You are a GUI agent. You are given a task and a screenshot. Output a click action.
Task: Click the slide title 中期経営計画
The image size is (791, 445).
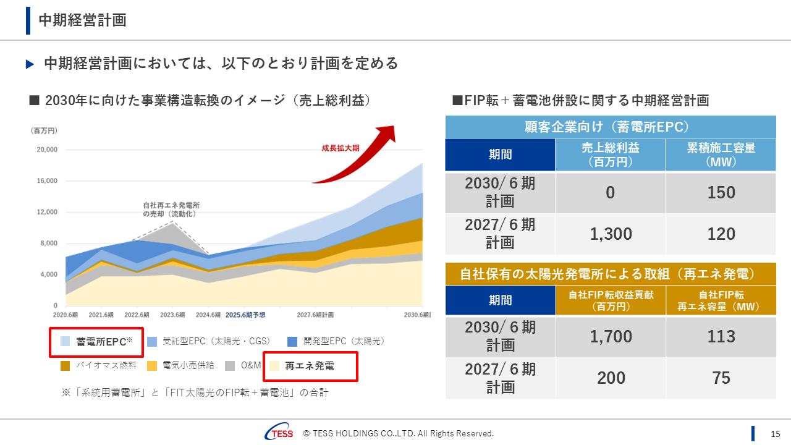82,20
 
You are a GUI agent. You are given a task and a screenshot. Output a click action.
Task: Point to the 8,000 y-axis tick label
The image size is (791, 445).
46,243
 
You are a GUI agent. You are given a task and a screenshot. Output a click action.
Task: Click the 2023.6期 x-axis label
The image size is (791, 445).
171,315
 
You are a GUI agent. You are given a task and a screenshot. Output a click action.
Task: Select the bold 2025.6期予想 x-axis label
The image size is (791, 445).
245,315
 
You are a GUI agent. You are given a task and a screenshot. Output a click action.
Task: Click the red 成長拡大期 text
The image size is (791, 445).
340,148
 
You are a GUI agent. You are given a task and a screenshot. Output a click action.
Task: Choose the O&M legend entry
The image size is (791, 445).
251,365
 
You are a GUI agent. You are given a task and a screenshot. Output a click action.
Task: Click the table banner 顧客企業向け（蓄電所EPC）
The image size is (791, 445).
610,127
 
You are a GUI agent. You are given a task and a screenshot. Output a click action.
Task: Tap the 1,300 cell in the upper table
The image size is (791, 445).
611,234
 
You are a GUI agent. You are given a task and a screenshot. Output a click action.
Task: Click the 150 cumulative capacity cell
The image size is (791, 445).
721,193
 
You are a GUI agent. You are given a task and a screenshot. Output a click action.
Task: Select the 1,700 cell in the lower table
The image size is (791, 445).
611,337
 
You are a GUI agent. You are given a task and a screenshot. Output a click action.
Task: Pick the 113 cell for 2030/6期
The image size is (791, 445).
721,337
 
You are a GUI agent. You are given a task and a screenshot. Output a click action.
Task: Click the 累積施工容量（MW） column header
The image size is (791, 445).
721,155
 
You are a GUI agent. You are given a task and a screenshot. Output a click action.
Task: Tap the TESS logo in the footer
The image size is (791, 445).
279,433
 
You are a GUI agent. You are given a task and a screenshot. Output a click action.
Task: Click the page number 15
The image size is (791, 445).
776,433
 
